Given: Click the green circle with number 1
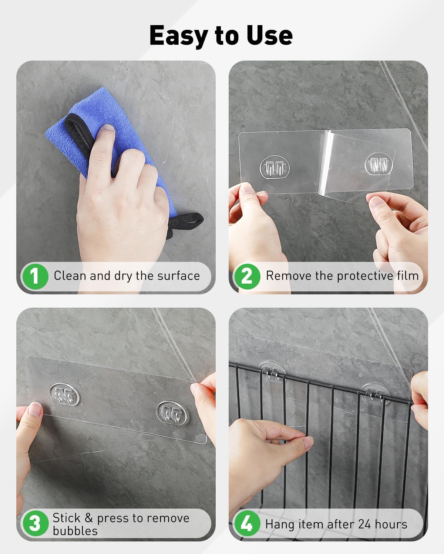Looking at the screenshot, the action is point(35,276).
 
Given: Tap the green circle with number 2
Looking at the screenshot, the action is point(247,276).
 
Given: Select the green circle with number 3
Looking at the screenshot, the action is point(36,524).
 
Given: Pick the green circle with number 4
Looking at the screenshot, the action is point(247,524).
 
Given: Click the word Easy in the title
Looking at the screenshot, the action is point(179,36).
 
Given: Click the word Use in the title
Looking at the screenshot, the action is point(269,35).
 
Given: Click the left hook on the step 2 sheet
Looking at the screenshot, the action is point(275,167).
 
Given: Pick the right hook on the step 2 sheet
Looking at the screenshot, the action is point(379,164).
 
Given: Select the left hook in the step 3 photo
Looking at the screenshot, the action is point(64,394).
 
